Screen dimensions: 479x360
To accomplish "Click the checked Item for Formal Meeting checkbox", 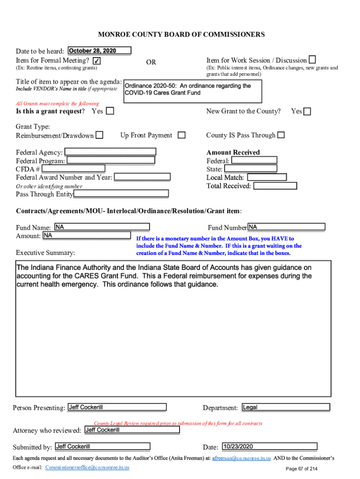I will point(96,61).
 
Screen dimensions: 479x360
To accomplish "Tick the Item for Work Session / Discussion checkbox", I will point(312,59).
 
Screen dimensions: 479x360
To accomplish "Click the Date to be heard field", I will point(99,51).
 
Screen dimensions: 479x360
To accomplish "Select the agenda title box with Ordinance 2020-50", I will point(192,91).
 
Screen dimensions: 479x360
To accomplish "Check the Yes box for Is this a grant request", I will point(110,111).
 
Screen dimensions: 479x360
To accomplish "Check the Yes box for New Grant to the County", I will point(308,111).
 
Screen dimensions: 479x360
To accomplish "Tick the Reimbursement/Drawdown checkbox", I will point(99,136).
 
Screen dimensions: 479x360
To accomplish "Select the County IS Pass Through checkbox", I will point(281,135).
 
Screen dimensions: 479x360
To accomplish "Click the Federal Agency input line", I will point(110,152).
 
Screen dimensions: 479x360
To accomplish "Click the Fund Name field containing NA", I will point(101,227).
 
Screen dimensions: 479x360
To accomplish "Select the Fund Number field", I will point(286,227).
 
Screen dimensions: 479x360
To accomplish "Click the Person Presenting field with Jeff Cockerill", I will point(116,407).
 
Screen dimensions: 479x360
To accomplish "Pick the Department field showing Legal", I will point(286,407).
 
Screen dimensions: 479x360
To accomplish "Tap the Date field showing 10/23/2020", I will point(269,447).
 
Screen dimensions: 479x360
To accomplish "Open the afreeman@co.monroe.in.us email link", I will point(241,459).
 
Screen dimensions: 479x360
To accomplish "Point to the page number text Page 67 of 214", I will point(302,469).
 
